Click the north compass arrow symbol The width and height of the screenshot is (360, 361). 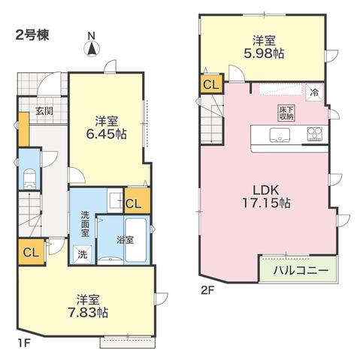pos(92,49)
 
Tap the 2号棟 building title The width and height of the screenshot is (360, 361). pos(32,35)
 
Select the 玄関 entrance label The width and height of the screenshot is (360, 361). pos(44,111)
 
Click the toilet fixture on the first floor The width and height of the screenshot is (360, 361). pos(30,178)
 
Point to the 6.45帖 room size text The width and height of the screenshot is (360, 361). pos(106,134)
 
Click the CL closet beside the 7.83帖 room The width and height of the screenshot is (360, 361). pos(32,253)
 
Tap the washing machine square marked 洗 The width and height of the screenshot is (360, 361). pos(82,254)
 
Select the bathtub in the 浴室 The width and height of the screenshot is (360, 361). pos(135,240)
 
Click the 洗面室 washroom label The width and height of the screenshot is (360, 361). pos(85,224)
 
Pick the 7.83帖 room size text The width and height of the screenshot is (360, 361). pos(88,312)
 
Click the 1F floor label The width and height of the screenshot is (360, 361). pos(24,342)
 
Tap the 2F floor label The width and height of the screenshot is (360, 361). pos(207,290)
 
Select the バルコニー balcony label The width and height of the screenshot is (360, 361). pos(301,270)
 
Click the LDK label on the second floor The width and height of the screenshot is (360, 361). pos(266,190)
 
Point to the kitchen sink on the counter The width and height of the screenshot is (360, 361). pos(280,135)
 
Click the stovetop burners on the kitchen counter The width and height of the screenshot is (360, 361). pos(314,134)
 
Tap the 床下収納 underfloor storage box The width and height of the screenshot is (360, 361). pos(286,113)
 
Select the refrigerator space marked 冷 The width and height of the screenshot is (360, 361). pos(314,93)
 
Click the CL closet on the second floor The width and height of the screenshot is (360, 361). pos(211,84)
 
